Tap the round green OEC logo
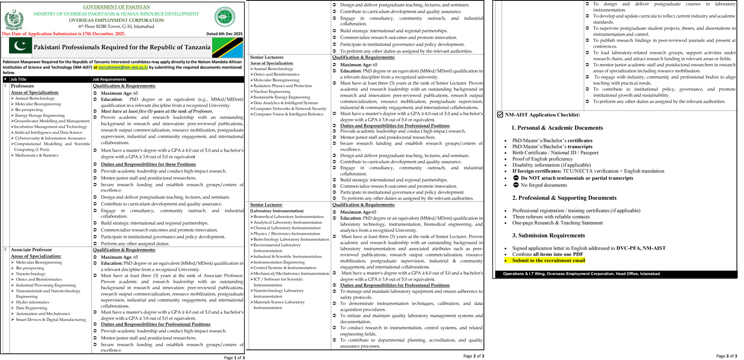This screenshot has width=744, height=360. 225,17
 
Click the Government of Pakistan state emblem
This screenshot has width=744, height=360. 13,19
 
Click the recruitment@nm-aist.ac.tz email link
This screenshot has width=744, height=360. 123,67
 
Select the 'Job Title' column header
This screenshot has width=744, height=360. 18,79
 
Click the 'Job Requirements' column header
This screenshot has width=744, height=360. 109,79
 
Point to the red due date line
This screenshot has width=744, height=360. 64,34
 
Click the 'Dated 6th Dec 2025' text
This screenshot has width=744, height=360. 224,34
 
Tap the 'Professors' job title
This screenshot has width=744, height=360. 22,86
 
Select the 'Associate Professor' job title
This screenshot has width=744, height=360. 31,250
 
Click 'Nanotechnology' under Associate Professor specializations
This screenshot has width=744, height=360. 31,274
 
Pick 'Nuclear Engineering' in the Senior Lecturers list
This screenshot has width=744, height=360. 272,92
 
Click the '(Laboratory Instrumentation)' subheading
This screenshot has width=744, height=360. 277,211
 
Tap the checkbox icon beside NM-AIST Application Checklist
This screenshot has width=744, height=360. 500,115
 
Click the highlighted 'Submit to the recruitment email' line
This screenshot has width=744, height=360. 548,260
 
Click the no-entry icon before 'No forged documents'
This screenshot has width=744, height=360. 516,185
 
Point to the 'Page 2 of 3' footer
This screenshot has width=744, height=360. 473,356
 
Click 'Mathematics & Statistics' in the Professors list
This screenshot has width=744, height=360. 37,155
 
